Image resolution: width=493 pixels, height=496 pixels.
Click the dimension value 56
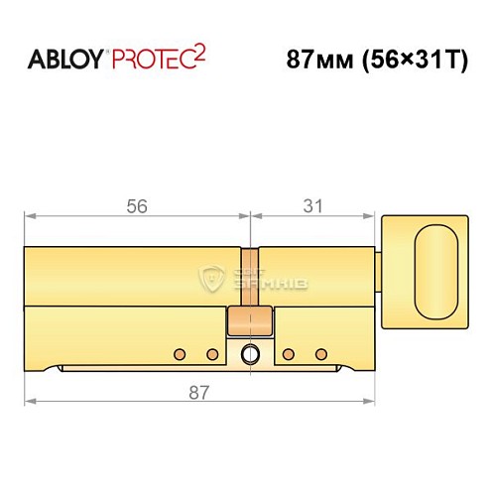point(137,207)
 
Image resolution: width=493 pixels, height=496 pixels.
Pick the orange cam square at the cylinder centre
point(249,321)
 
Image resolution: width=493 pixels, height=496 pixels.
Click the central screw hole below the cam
point(249,353)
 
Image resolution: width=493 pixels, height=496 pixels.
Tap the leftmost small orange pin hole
point(179,353)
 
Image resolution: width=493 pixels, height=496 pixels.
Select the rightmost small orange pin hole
point(319,353)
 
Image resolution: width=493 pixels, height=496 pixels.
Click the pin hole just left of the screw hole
point(211,353)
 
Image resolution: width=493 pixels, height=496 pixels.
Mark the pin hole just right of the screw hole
point(287,353)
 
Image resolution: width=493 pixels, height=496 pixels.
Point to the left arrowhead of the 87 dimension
point(29,402)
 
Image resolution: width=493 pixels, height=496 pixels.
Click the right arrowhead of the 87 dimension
point(374,402)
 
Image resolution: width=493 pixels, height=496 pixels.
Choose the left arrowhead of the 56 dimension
point(29,215)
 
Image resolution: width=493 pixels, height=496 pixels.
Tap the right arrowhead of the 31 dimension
point(374,215)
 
